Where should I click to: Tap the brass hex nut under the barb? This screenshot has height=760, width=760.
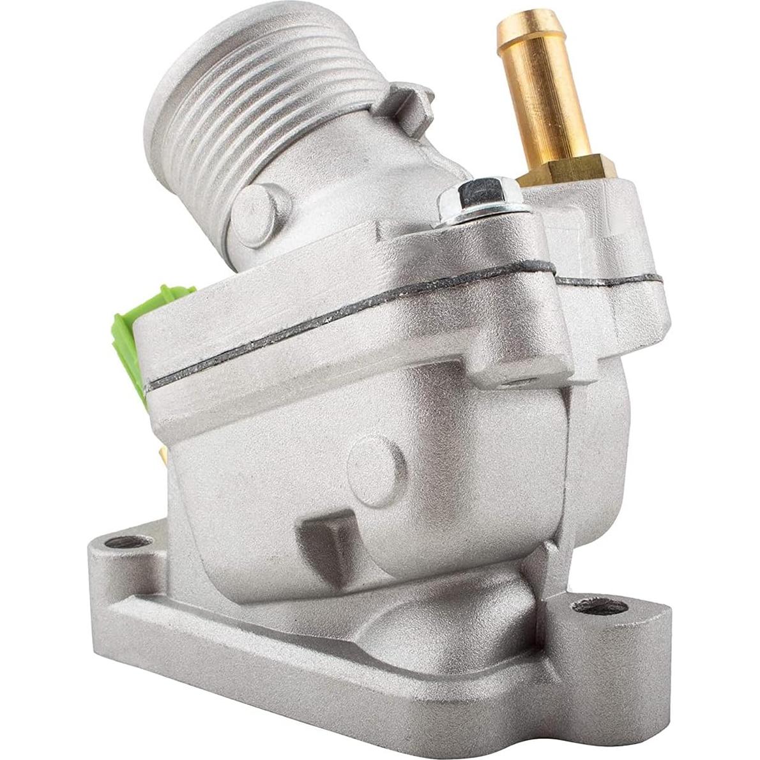coord(568,169)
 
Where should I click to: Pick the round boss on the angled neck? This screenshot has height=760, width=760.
coord(259,214)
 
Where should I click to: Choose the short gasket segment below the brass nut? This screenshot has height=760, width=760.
coord(607,280)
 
